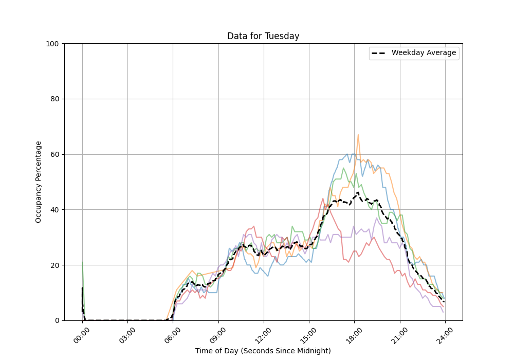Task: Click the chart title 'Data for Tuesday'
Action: tap(263, 36)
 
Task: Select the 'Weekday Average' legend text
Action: tap(424, 53)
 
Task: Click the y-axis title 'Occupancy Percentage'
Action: tap(39, 182)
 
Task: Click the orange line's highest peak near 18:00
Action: tap(358, 135)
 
